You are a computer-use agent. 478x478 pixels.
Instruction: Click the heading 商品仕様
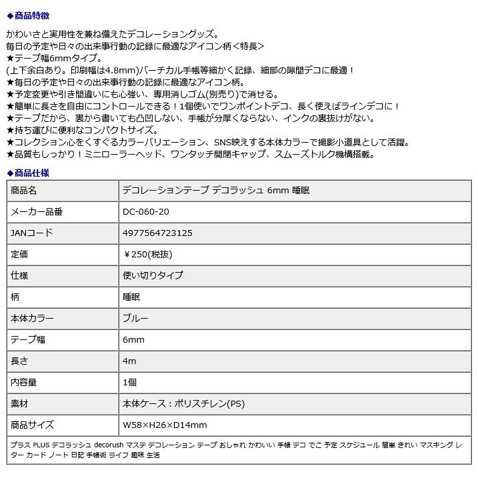[x=31, y=173]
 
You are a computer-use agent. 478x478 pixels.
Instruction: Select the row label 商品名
[x=24, y=191]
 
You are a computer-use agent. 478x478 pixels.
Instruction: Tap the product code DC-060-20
[x=146, y=212]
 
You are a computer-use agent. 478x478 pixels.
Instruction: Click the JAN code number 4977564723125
[x=158, y=233]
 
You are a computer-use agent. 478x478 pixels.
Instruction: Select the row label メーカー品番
[x=37, y=212]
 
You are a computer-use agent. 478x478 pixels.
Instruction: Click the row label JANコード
[x=31, y=233]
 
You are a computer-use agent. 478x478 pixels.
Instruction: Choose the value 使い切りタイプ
[x=153, y=276]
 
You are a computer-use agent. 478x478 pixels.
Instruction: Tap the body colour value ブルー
[x=135, y=319]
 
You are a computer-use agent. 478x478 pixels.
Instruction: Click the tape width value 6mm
[x=133, y=340]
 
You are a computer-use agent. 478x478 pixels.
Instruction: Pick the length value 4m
[x=129, y=361]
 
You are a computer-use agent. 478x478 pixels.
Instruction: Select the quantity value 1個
[x=129, y=383]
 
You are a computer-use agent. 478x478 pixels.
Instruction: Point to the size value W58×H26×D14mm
[x=165, y=425]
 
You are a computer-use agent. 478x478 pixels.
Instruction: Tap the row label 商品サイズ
[x=32, y=425]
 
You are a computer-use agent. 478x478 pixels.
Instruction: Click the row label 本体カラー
[x=32, y=319]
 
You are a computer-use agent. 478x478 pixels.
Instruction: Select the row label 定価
[x=19, y=255]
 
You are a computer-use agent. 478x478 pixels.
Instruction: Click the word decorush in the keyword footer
[x=109, y=445]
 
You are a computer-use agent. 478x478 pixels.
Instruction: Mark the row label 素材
[x=19, y=404]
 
